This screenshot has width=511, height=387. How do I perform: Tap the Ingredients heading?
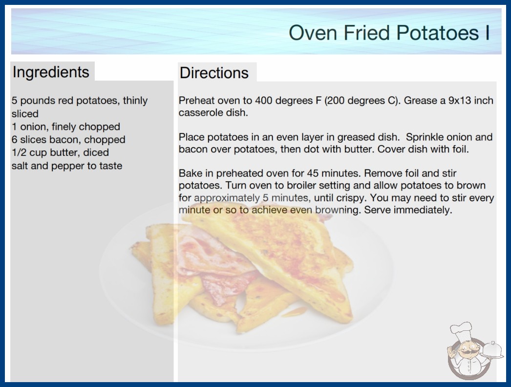(x=51, y=72)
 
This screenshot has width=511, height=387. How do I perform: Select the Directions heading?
(x=214, y=73)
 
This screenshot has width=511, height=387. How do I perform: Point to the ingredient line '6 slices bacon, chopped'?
(x=68, y=140)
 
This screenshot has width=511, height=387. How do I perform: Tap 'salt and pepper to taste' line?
(x=67, y=166)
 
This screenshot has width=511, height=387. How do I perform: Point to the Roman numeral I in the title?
(x=488, y=33)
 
